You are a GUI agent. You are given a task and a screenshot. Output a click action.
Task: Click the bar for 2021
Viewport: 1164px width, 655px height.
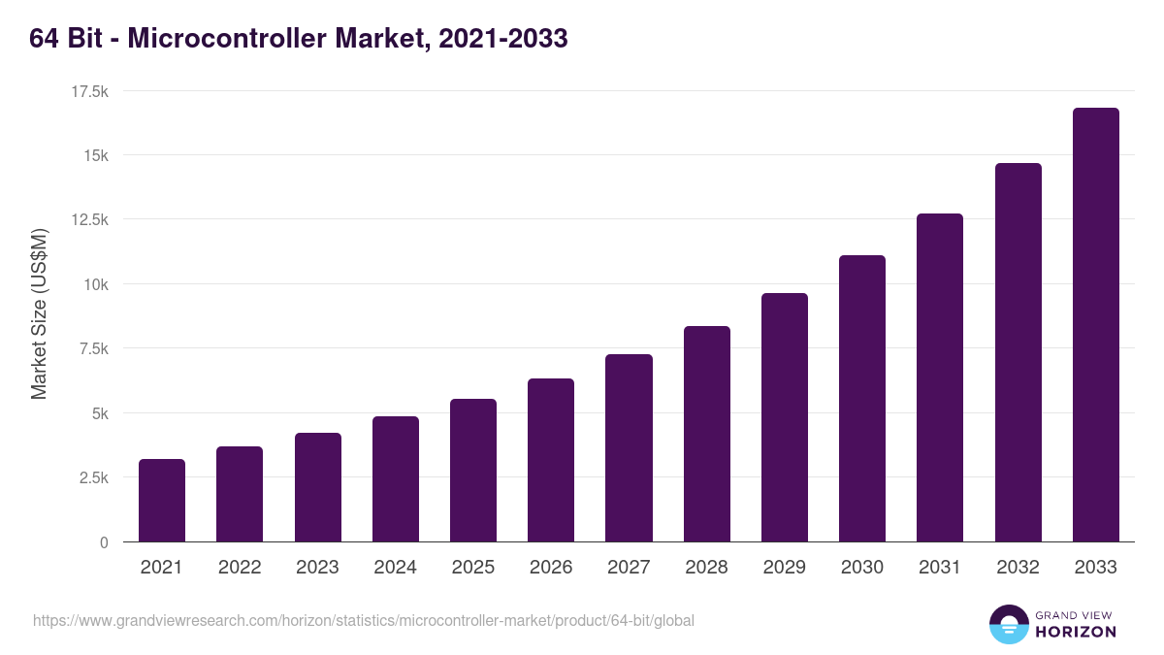[x=162, y=500]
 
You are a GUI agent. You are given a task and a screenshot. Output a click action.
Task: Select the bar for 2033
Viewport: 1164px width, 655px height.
[x=1095, y=325]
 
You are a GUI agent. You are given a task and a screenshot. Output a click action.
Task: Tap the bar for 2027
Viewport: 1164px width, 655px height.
[x=629, y=448]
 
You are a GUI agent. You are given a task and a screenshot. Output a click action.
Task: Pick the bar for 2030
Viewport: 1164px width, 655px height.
[x=862, y=399]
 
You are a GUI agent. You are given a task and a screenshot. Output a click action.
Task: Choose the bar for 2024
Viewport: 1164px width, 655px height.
[x=396, y=479]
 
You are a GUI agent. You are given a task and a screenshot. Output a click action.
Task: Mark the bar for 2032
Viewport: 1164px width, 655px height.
[x=1018, y=352]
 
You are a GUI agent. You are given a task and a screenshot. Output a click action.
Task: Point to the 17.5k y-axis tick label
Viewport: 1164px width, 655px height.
[x=88, y=91]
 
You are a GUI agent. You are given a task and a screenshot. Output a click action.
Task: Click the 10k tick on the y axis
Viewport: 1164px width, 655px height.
[x=94, y=284]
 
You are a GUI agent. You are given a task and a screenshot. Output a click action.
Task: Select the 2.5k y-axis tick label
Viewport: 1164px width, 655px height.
[x=92, y=477]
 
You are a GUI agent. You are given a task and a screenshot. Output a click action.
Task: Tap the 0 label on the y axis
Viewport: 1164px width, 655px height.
[x=103, y=542]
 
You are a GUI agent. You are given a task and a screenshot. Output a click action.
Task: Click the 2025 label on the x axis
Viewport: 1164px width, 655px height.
[x=473, y=568]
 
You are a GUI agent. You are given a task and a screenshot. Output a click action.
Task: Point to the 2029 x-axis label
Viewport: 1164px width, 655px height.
[x=785, y=568]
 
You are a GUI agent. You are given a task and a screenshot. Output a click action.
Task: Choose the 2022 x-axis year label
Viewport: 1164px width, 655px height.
[x=240, y=568]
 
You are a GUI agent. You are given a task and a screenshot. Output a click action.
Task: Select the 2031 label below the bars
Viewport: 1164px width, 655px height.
[x=940, y=568]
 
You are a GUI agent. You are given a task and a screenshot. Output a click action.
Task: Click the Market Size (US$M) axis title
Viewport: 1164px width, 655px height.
[x=40, y=315]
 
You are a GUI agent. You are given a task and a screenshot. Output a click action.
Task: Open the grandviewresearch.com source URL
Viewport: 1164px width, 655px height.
[x=364, y=620]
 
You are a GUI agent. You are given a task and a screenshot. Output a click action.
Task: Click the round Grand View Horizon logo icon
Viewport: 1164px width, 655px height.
[x=1008, y=624]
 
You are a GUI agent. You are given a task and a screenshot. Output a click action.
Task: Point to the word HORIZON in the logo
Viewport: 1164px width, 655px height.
[x=1077, y=632]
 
